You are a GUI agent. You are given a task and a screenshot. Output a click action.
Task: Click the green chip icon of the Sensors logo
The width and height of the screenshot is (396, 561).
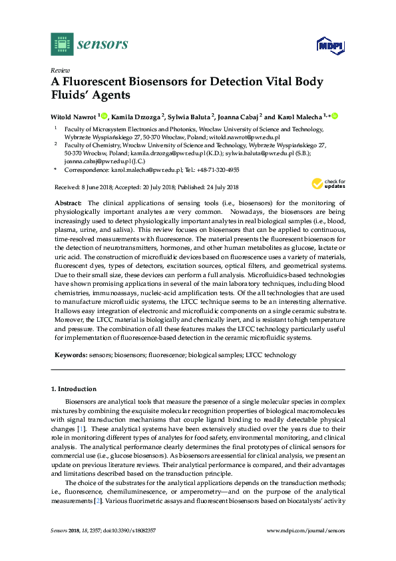click(x=62, y=44)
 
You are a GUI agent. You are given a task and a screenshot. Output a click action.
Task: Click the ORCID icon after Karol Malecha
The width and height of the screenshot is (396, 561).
click(x=334, y=116)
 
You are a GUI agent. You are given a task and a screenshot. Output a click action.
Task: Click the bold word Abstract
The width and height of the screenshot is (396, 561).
click(x=68, y=202)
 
